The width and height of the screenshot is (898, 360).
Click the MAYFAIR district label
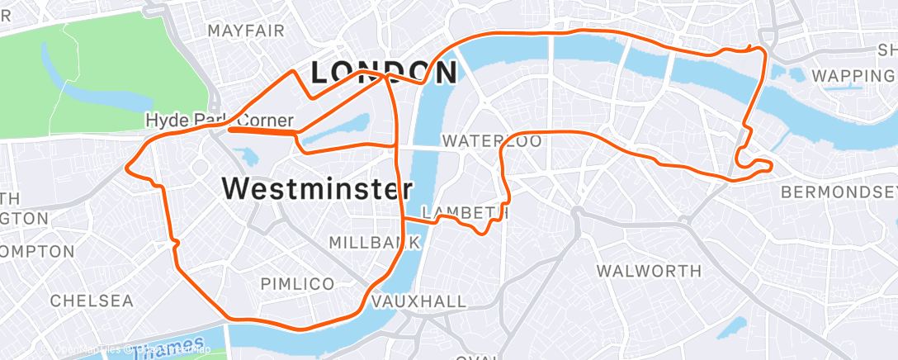click(246, 31)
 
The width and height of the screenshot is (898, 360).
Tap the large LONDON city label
click(383, 73)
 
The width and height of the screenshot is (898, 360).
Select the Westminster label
click(318, 189)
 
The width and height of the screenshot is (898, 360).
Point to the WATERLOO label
click(492, 141)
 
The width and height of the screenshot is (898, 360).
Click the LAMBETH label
click(462, 212)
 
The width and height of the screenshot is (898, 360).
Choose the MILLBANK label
click(376, 243)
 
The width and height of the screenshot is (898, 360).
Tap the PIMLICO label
click(297, 284)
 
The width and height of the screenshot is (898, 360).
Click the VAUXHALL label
click(419, 302)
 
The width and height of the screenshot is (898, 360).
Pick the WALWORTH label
click(649, 271)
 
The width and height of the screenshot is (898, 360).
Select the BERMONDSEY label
click(839, 192)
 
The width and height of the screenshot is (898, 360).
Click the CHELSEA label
click(92, 301)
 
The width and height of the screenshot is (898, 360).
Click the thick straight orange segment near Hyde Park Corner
click(262, 130)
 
